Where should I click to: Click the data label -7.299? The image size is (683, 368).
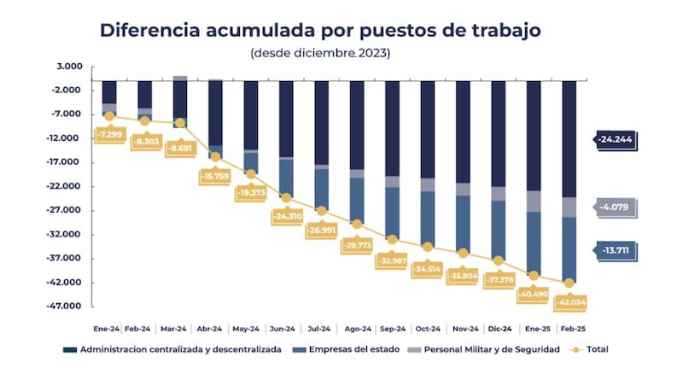coord(109,134)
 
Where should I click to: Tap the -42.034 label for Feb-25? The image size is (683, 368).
coord(567,301)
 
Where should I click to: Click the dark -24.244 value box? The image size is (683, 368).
coord(614,139)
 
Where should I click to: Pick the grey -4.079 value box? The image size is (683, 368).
coord(614,207)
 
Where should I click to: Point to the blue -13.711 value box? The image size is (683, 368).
coord(614,250)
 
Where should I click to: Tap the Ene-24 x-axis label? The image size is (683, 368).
coord(107,328)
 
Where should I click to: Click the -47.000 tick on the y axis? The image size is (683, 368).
coord(67,307)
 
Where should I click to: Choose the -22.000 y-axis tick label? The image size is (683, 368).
coord(67,186)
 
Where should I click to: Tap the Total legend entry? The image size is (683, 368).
coord(591,349)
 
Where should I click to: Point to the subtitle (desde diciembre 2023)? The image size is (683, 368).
coord(321,53)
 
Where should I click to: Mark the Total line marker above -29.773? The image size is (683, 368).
coord(357,225)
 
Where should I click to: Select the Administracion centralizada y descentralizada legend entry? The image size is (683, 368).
coord(174,349)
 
